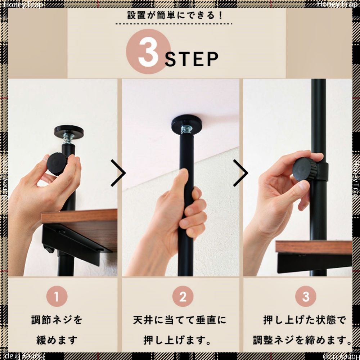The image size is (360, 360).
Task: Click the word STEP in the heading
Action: point(192,60)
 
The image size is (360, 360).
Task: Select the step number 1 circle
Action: point(57,297)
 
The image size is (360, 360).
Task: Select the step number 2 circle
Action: point(183,297)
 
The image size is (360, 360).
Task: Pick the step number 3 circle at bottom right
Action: point(306,297)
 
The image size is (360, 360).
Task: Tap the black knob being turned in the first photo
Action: point(57,164)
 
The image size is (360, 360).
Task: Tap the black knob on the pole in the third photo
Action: point(304,170)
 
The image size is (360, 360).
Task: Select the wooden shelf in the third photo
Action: point(313,248)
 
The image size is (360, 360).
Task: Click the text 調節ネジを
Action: point(57,320)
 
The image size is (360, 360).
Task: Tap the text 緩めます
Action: point(57,340)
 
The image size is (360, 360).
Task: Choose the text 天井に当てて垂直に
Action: point(180,320)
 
